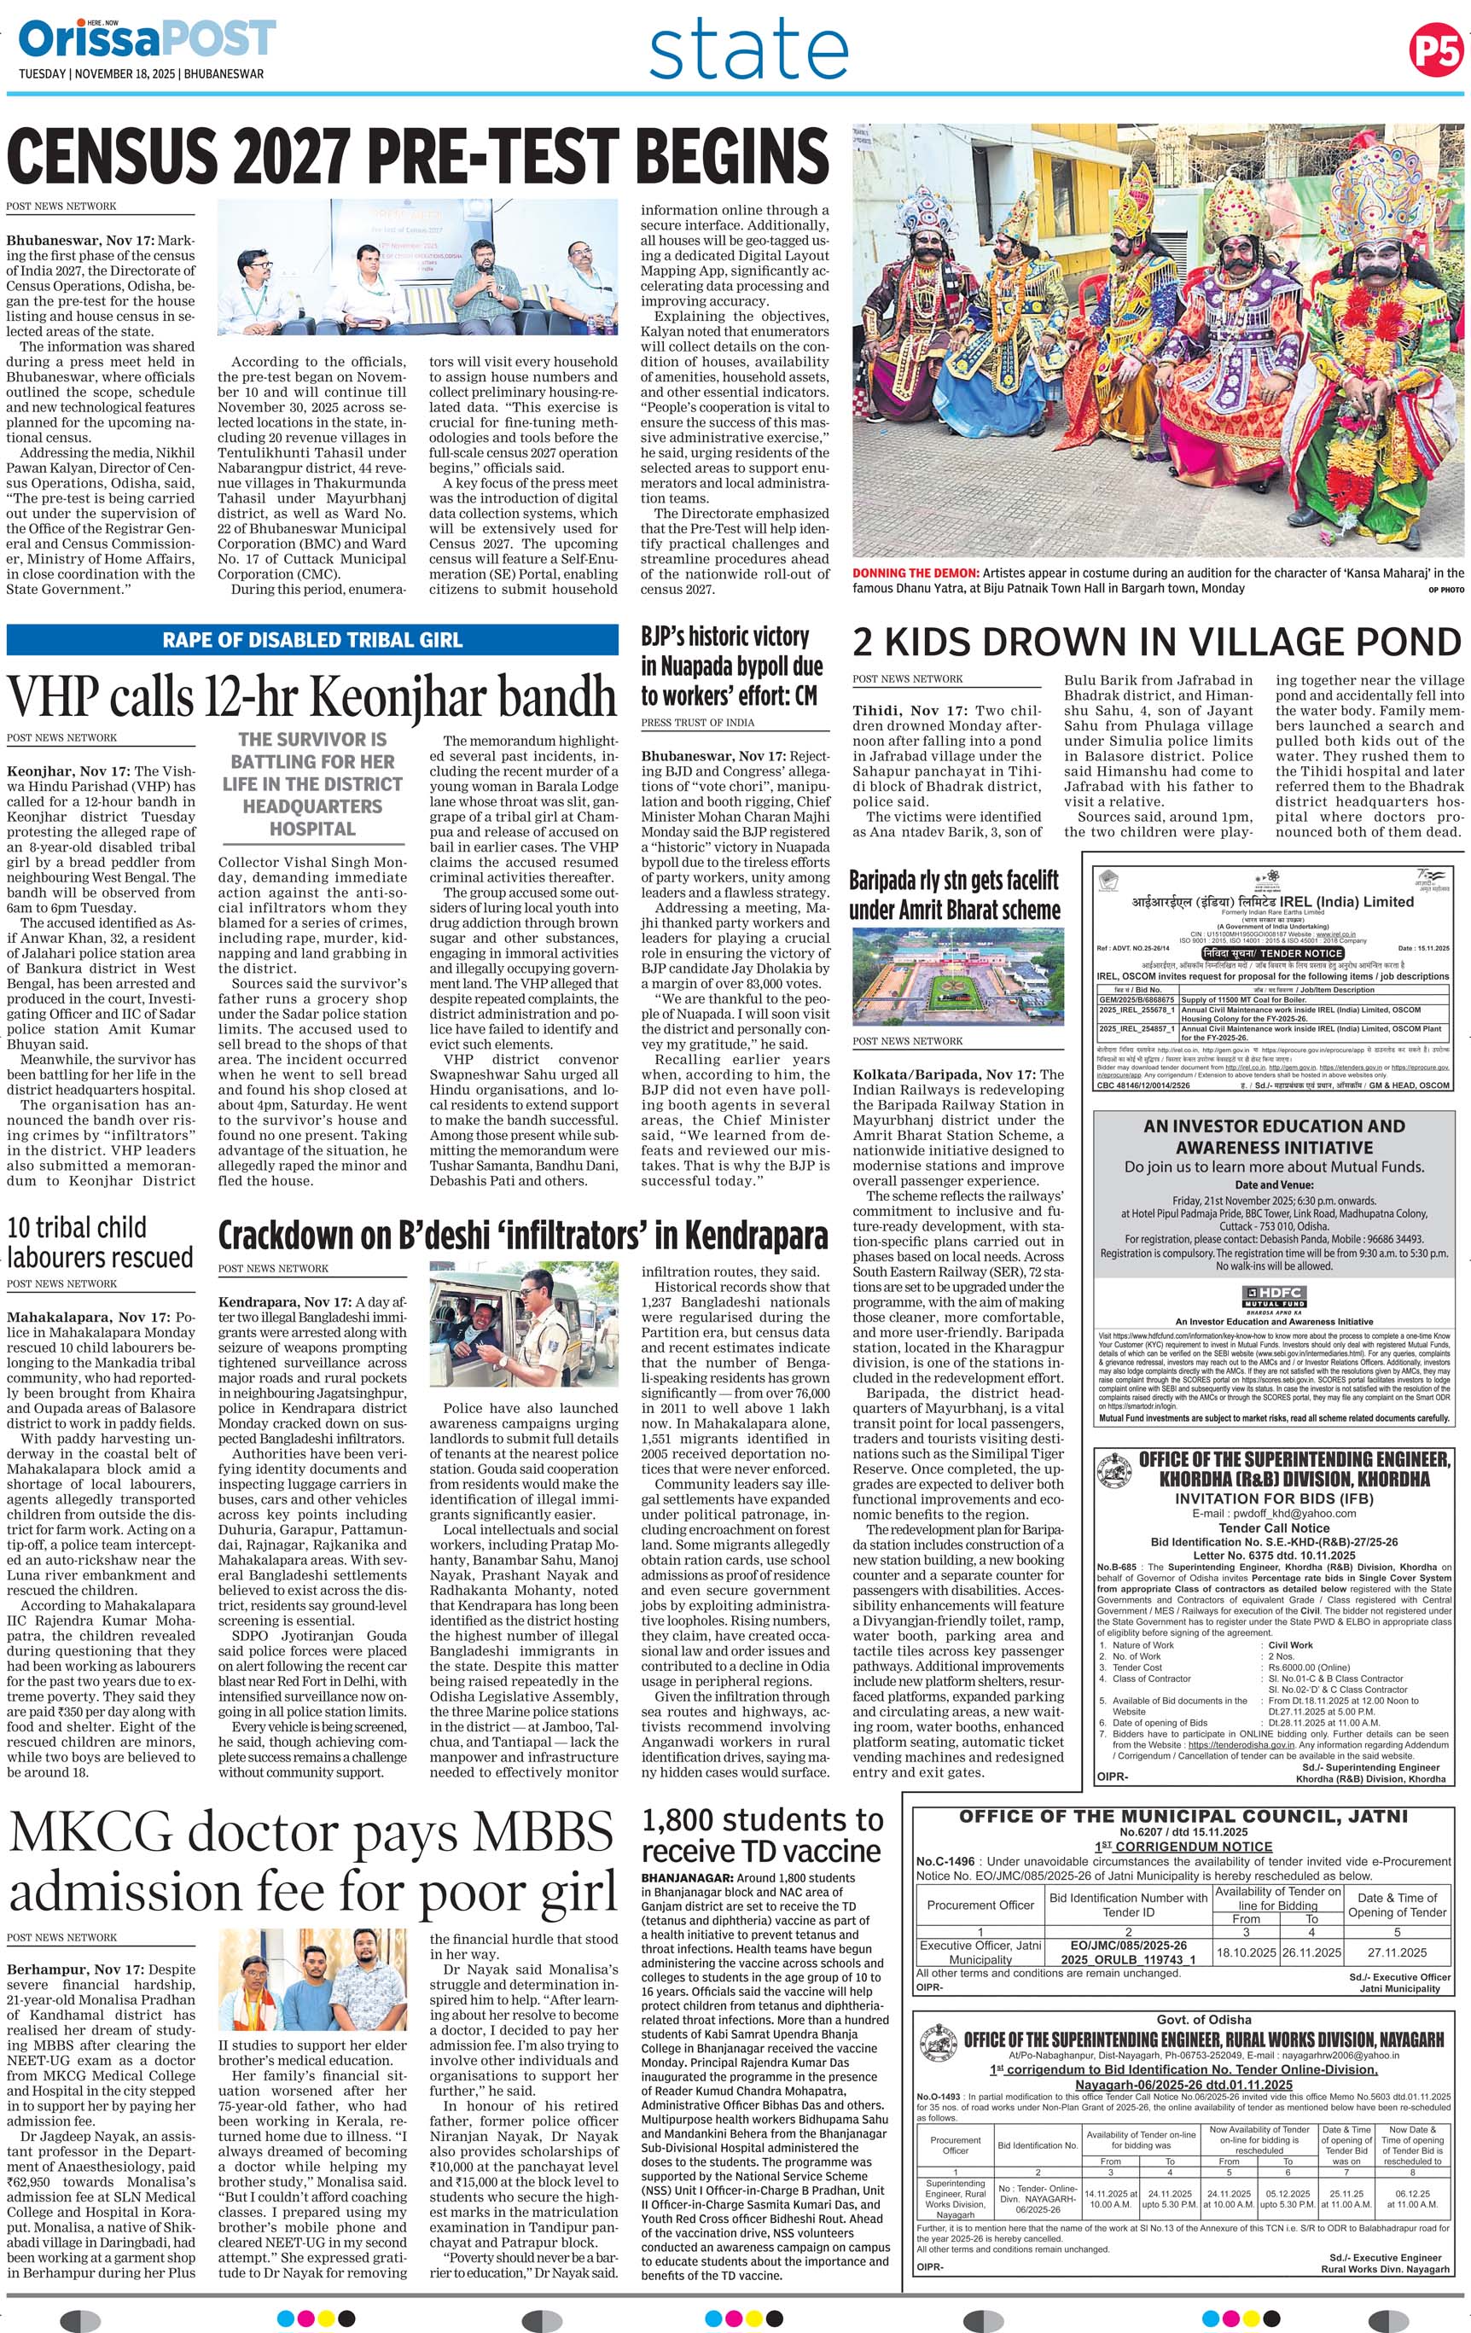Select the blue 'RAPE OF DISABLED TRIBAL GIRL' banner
click(312, 640)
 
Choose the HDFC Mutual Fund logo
click(1274, 1297)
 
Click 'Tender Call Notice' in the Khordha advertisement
click(1273, 1527)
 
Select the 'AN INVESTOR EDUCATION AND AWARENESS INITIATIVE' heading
click(1273, 1137)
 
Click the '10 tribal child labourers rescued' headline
click(100, 1242)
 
